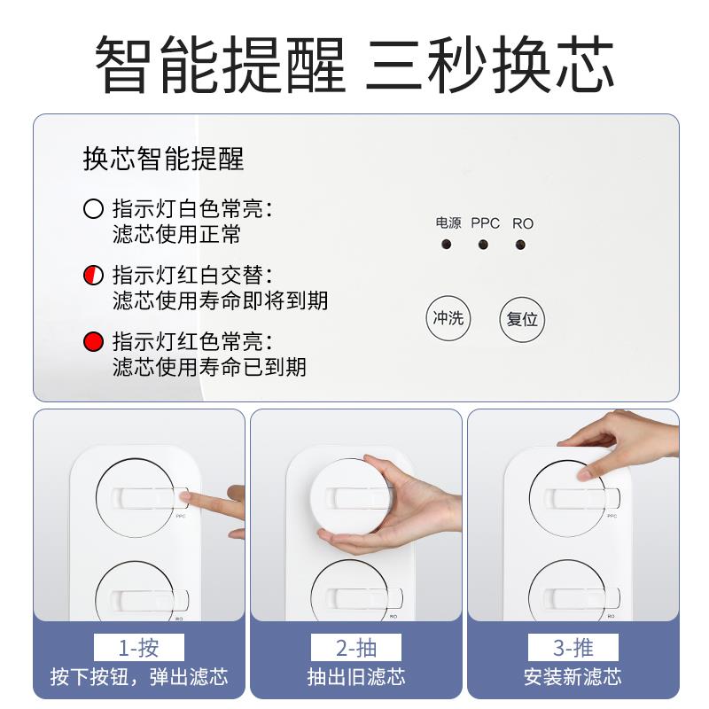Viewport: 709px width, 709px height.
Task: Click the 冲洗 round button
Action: [448, 318]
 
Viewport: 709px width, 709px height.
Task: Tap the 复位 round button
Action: [522, 319]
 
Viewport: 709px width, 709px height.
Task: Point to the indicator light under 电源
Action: [447, 245]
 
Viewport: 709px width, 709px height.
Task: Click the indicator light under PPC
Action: [484, 245]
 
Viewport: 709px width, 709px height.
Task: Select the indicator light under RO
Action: [522, 245]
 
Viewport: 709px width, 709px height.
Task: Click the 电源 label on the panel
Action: [448, 223]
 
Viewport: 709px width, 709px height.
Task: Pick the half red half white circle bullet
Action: [93, 276]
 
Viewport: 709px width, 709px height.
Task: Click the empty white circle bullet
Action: [93, 210]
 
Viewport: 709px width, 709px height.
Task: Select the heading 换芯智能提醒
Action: [163, 159]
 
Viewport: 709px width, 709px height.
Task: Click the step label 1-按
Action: [138, 646]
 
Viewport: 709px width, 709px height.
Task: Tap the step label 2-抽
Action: [355, 646]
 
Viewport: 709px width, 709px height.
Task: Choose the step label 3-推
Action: [573, 646]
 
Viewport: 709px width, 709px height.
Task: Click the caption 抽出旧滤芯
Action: [355, 677]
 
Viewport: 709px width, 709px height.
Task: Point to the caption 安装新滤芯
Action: [573, 677]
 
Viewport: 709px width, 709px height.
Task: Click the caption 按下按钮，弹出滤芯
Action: [138, 677]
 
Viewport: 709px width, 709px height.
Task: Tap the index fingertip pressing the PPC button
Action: [193, 502]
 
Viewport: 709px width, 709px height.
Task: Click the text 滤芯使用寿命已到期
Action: [209, 366]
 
